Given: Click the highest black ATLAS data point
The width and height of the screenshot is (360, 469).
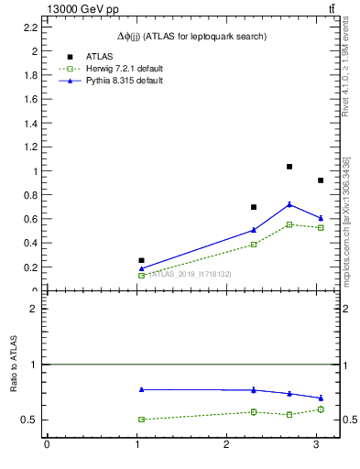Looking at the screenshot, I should pos(289,167).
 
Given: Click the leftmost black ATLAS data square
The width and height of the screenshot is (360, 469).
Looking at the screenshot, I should pos(141,260).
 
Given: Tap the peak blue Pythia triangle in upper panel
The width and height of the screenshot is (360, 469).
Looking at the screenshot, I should pos(289,204).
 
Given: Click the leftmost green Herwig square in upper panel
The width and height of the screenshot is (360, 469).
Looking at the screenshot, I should pos(141,275).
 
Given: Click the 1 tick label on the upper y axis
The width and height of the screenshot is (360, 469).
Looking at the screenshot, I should pos(35,171).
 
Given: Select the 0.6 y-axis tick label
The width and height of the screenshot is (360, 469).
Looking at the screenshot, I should pos(30,219).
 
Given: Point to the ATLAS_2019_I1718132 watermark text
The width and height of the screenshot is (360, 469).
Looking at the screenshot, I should pos(190,274).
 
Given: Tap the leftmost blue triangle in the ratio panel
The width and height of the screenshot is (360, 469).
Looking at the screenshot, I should pos(141,389).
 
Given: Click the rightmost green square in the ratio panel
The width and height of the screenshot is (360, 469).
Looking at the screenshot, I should pos(321,409).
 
